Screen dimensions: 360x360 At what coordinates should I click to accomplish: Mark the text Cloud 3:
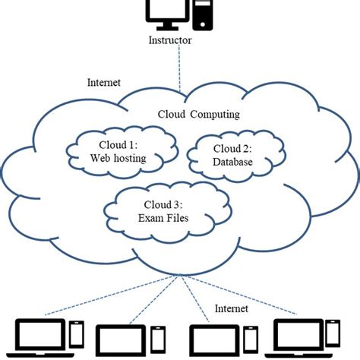coord(164,205)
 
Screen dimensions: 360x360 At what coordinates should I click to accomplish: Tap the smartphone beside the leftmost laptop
coord(77,334)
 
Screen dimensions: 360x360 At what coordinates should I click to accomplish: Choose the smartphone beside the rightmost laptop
coord(332,334)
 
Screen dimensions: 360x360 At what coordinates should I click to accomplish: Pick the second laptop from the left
coord(121,338)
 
